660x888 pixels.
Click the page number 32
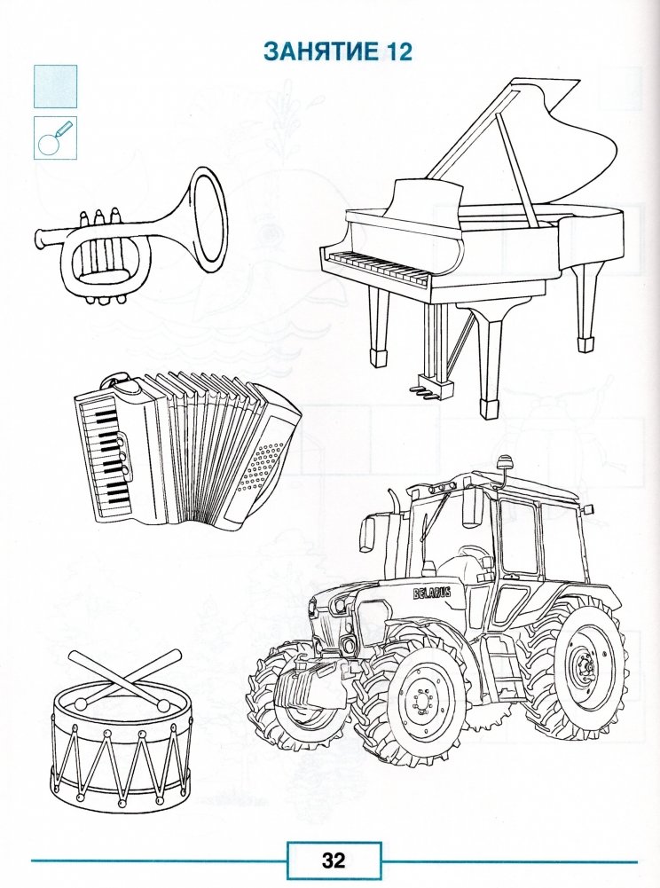[334, 860]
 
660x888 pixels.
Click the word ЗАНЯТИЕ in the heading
[321, 51]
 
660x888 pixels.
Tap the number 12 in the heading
[398, 51]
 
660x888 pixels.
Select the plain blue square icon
[56, 86]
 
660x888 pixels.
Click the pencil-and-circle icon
[56, 138]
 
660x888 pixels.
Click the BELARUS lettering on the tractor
[432, 593]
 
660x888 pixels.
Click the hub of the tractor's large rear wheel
[583, 666]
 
